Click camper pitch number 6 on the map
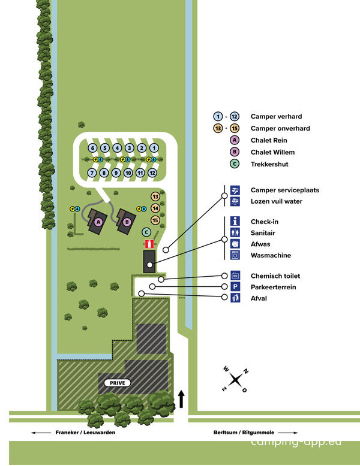92,148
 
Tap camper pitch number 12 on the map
152,173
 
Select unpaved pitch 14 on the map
155,208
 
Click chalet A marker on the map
98,222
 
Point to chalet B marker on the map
127,222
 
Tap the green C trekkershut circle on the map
146,232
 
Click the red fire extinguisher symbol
149,244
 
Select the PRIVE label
118,383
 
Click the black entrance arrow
181,399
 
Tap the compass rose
235,380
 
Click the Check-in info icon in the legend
235,222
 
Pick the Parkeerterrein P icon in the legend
235,287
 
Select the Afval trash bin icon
235,298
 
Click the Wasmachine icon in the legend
235,255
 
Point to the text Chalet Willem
273,152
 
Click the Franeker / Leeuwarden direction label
85,432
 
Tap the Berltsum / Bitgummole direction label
244,432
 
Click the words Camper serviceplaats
285,190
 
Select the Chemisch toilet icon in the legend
235,276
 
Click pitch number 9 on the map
116,173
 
